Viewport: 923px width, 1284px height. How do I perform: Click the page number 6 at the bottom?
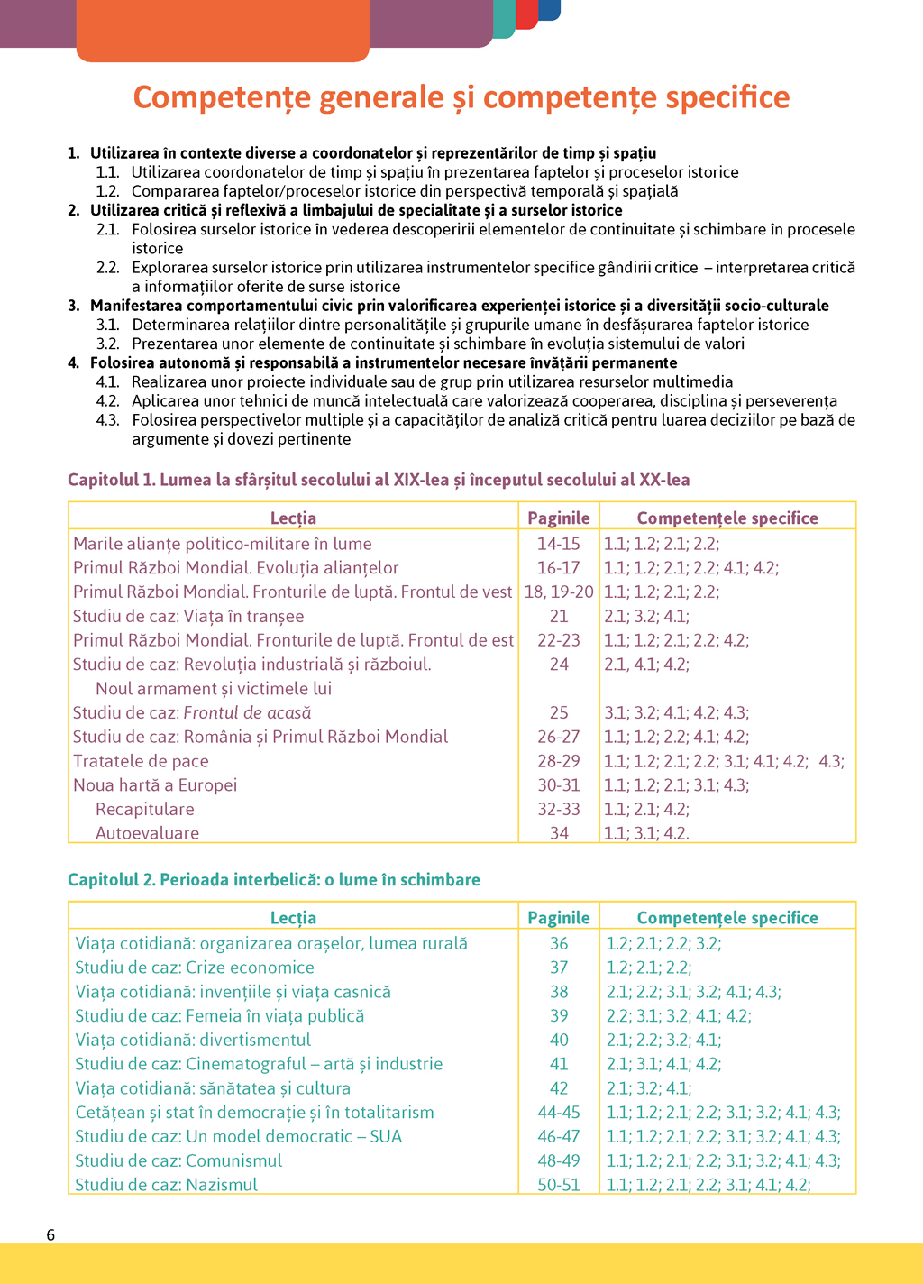[x=50, y=1234]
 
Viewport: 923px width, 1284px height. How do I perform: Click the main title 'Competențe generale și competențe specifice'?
[x=461, y=97]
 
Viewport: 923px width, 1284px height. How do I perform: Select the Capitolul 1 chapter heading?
[x=379, y=480]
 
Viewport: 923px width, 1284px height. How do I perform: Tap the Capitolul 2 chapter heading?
[x=274, y=879]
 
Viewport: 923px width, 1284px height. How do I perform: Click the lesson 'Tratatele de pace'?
[x=141, y=761]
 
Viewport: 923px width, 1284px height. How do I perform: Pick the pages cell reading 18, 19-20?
[x=559, y=592]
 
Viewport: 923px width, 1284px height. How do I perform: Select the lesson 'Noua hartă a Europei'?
[x=155, y=784]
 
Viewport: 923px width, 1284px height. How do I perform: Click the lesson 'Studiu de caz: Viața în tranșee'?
[x=188, y=616]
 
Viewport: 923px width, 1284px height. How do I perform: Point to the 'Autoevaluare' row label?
[x=147, y=833]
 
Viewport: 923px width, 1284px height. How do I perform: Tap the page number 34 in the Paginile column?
[x=559, y=833]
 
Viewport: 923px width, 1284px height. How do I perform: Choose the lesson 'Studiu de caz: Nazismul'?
[x=166, y=1184]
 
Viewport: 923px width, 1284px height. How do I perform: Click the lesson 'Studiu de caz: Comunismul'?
[x=178, y=1160]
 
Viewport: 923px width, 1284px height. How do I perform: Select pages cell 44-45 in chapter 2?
[x=559, y=1112]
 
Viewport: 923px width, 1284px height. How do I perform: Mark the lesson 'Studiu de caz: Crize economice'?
[x=195, y=968]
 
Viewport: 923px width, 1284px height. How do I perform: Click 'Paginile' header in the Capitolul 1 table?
[x=559, y=518]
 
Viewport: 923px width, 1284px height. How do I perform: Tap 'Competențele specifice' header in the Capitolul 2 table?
[x=727, y=917]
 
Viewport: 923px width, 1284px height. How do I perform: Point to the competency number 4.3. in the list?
[x=108, y=420]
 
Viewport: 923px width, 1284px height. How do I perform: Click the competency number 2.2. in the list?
[x=108, y=268]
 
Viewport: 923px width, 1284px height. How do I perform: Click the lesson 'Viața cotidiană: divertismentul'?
[x=193, y=1040]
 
